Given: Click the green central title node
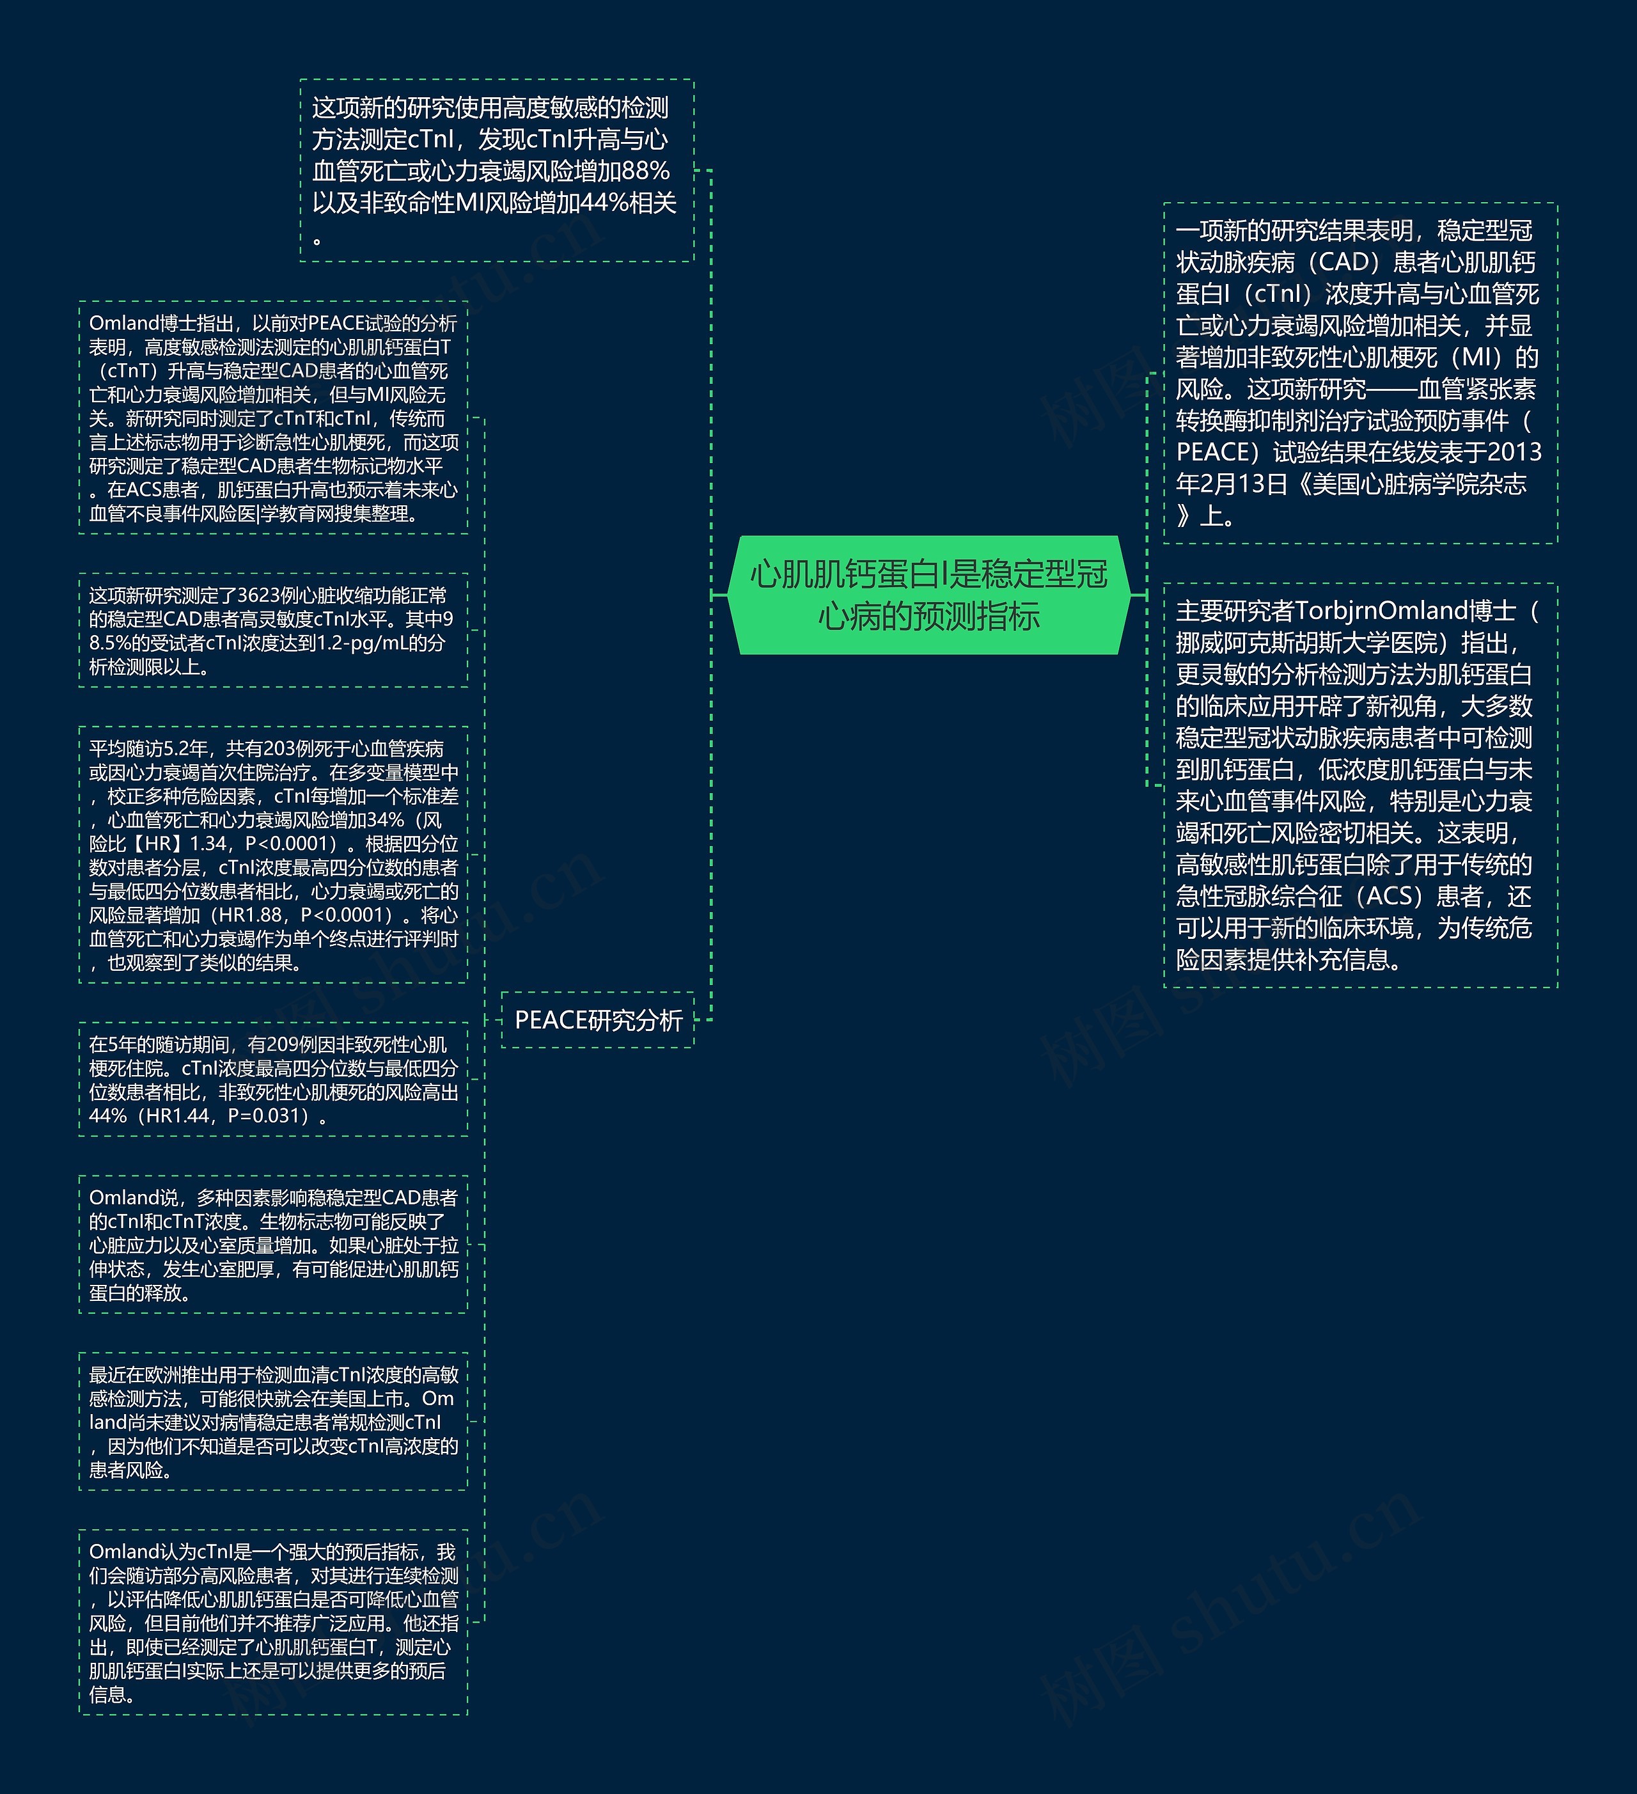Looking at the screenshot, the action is click(x=929, y=594).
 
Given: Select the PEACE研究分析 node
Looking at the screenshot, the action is click(x=598, y=1020).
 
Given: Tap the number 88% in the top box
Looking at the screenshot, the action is click(x=646, y=171).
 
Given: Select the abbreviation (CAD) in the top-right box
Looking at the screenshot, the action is click(x=1344, y=262).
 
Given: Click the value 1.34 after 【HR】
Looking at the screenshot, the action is click(x=212, y=844).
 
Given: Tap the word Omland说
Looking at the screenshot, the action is click(x=134, y=1198).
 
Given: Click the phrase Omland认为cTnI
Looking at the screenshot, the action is click(x=155, y=1552).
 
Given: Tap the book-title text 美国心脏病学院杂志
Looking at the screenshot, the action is click(x=1419, y=484).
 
